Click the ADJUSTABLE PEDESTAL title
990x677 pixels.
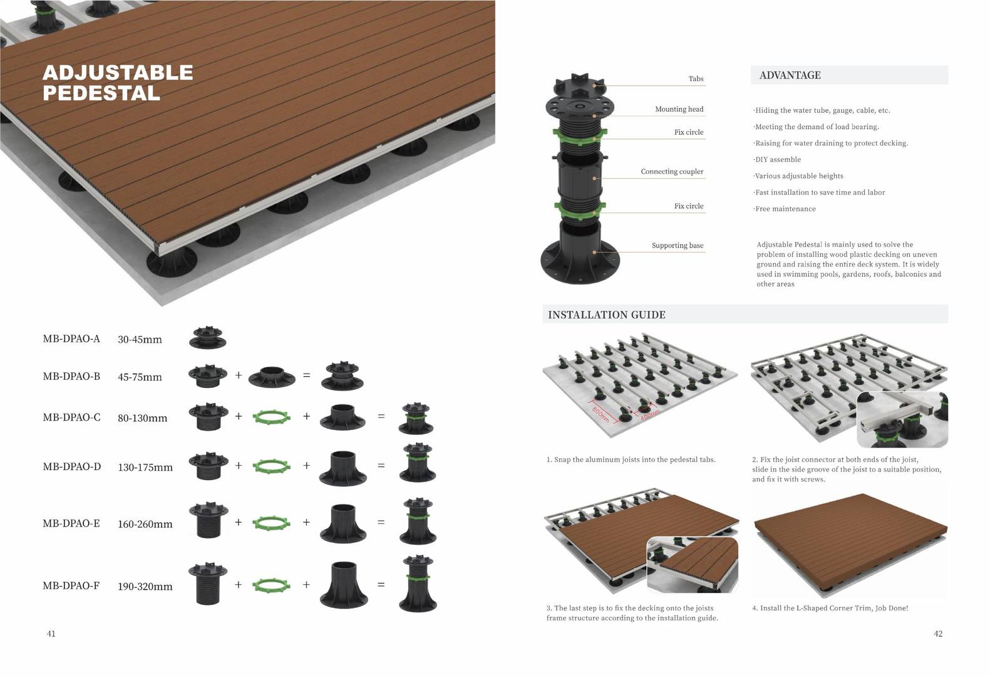tap(118, 83)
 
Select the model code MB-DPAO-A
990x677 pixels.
tap(71, 339)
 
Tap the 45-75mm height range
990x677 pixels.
tap(140, 377)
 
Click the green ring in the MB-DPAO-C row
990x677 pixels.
tap(272, 417)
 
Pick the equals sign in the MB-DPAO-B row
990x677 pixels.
tap(307, 375)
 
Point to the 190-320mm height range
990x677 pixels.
tap(145, 586)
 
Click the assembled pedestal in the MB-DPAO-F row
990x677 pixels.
tap(418, 584)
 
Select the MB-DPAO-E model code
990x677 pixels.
tap(71, 523)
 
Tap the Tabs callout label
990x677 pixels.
tap(696, 79)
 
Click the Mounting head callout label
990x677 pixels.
tap(679, 109)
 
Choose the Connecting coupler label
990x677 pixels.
tap(672, 172)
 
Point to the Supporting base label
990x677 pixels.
tap(677, 246)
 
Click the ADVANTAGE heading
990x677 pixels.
tap(790, 75)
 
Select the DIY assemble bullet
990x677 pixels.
tap(777, 159)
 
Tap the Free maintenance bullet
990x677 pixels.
tap(785, 209)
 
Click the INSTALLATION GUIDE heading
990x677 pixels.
tap(606, 315)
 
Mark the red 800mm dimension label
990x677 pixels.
tap(601, 414)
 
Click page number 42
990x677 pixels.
tap(938, 634)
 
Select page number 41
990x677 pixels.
tap(51, 634)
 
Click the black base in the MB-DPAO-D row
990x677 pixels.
tap(343, 468)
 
